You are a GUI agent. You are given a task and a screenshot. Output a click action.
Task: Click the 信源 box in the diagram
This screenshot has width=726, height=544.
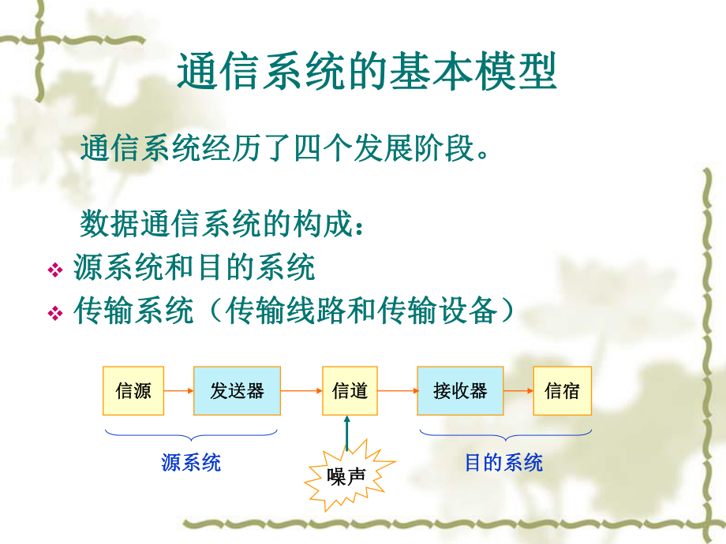coord(133,390)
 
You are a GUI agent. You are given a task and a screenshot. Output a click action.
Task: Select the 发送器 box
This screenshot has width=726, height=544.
coord(237,390)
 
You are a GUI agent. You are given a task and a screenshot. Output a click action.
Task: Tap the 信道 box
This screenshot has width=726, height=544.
coord(350,390)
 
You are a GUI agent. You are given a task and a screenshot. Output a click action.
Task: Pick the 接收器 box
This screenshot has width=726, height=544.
coord(460,390)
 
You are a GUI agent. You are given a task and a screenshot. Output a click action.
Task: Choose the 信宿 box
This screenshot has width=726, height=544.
coord(562,390)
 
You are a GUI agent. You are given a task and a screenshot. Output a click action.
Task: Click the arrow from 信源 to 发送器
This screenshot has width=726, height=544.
coord(179,390)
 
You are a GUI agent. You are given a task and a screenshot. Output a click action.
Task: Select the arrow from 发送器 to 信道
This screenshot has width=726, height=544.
coord(301,390)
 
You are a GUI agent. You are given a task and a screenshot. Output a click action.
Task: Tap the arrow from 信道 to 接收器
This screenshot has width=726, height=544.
coord(397,390)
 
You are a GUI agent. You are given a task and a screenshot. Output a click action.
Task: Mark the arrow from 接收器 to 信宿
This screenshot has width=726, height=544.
coord(518,390)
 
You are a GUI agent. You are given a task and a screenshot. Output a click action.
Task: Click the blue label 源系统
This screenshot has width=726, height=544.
coord(191,463)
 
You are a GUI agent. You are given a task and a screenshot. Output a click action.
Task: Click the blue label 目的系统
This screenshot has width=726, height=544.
coord(503,463)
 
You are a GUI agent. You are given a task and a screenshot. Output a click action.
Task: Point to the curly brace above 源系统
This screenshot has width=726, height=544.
coord(191,434)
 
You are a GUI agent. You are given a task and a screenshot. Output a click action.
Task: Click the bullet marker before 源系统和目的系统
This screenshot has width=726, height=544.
coord(55,270)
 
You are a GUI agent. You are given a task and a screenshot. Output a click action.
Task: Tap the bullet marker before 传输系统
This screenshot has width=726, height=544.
coord(55,313)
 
